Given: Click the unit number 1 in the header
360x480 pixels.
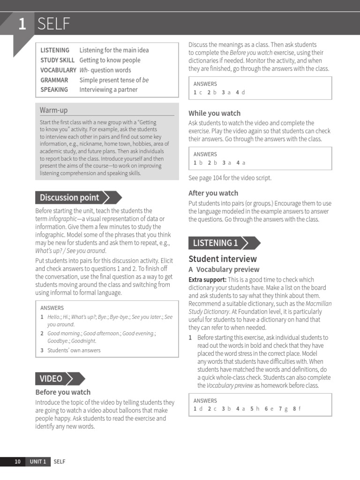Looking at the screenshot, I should tap(22, 23).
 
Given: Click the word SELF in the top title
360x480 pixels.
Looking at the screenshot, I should tap(54, 23).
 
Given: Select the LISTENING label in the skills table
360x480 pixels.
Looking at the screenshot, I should tap(55, 50).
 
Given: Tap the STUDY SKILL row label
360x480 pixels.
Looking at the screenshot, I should tap(57, 60).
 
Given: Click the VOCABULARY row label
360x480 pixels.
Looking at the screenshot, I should tap(58, 70).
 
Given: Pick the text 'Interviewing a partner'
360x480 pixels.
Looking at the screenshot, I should tap(108, 90).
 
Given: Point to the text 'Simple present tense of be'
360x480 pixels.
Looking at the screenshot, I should tap(114, 80).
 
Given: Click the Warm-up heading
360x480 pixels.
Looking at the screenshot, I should tap(53, 110).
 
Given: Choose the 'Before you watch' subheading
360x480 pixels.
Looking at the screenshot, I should tap(63, 392).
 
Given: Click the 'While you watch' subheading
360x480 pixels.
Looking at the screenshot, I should tap(214, 113).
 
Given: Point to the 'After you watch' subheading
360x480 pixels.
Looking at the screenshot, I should tap(213, 193).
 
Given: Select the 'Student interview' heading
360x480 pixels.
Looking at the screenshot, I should tap(223, 259).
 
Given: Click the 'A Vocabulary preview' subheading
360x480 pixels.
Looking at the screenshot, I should tap(224, 270).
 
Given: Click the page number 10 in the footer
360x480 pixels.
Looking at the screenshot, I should tap(17, 462).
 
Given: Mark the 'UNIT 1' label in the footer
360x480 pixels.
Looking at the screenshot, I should tap(38, 462).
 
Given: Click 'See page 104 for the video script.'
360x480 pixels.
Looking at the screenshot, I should tap(230, 178).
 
